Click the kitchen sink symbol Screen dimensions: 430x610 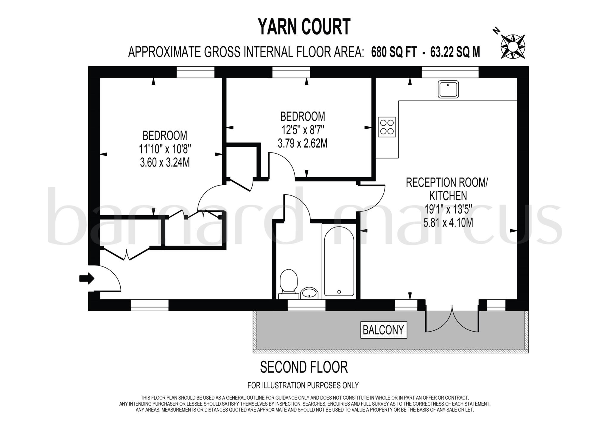click(448, 89)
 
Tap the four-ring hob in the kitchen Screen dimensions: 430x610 click(387, 127)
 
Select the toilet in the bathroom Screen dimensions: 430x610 click(289, 282)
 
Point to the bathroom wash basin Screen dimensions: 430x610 click(309, 293)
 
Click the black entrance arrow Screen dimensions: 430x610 click(87, 279)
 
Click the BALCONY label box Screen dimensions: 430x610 click(383, 330)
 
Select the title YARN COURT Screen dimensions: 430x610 click(304, 27)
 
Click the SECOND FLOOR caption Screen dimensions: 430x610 click(304, 367)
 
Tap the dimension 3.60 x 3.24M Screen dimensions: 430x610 click(165, 163)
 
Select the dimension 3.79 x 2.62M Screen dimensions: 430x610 click(302, 144)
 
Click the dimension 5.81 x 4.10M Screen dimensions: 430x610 click(448, 222)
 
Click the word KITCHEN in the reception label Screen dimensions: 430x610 click(448, 196)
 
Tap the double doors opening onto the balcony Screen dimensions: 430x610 click(452, 318)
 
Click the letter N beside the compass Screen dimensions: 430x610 click(496, 30)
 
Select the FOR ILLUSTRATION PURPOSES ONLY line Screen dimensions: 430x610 click(303, 385)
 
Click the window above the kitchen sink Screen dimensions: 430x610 click(450, 72)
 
